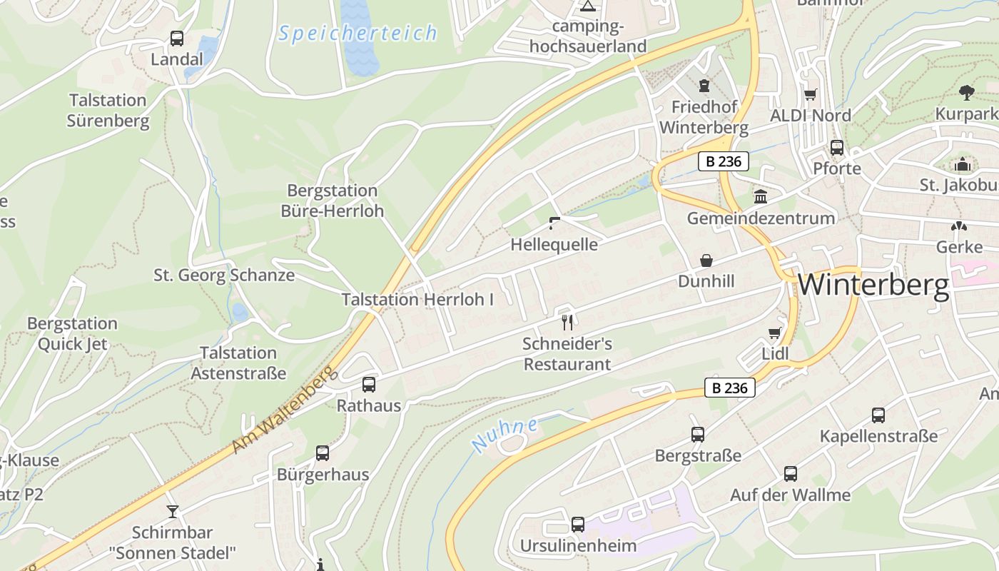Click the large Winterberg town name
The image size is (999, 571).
pos(873,285)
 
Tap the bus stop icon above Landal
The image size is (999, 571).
pos(176,39)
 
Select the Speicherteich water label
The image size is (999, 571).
pos(357,33)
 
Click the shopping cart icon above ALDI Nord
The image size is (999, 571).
pos(810,94)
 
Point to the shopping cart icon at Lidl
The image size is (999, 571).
pos(774,333)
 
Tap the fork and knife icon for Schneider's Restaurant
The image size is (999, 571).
pos(567,322)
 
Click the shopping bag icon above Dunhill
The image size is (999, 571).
pos(706,260)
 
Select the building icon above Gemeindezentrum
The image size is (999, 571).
pos(761,196)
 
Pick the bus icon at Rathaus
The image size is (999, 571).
pos(368,384)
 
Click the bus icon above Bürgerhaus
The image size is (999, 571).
pos(323,453)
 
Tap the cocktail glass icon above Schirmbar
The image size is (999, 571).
pos(172,511)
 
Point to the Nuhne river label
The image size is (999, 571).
pos(504,434)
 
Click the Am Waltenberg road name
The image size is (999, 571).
pos(283,410)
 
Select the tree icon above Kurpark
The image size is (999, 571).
pos(967,92)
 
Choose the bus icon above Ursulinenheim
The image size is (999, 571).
pos(578,525)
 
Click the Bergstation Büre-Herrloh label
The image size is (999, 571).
pos(332,201)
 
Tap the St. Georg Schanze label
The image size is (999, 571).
pos(224,275)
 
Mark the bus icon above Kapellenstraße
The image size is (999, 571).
pos(878,415)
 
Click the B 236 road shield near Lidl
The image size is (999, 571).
pos(730,388)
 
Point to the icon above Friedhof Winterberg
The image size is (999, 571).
pos(704,86)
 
